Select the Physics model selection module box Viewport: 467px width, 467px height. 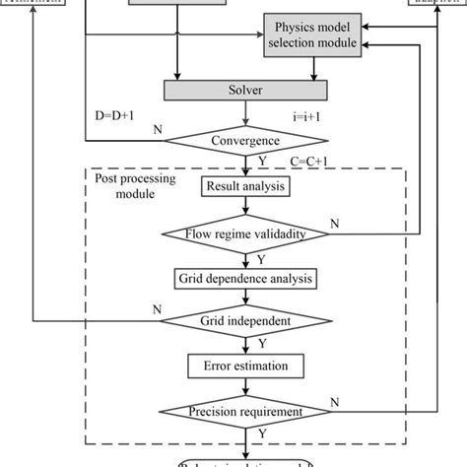311,36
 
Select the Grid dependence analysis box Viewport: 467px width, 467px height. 245,278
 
